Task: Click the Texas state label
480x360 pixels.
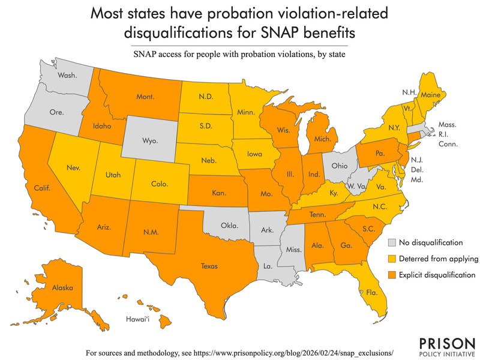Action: pos(209,266)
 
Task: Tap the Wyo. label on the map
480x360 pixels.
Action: pos(149,141)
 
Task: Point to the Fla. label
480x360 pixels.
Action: pos(372,293)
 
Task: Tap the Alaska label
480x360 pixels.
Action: pos(62,288)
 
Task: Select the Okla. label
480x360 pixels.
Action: pos(230,226)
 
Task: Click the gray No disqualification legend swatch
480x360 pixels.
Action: pos(392,243)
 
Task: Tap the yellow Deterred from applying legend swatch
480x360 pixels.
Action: pos(392,259)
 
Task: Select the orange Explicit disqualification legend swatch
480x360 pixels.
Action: pos(392,275)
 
